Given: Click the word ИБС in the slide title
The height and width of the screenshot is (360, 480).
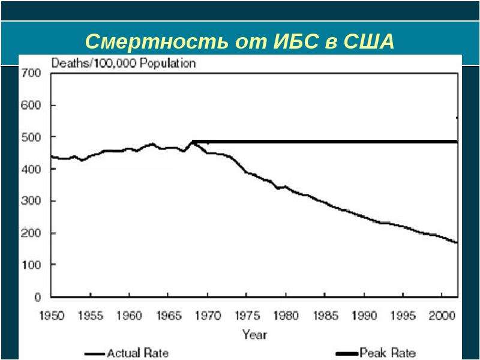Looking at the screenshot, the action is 296,41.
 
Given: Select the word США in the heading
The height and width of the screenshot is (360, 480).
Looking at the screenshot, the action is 369,41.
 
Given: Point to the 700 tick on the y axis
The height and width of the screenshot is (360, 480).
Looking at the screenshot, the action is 31,73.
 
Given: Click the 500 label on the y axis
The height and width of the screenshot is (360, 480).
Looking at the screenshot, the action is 31,137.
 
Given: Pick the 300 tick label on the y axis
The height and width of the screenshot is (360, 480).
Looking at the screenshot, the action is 31,201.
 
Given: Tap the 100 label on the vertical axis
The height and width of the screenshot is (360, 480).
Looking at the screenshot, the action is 31,265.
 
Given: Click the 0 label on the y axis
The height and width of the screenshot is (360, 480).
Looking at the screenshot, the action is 37,296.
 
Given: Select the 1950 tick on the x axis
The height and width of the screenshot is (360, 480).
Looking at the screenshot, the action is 52,316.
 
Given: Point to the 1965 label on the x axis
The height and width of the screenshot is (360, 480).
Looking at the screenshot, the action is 169,316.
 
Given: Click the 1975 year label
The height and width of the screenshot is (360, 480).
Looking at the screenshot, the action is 247,316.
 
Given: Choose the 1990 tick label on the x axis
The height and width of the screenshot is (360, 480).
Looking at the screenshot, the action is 364,316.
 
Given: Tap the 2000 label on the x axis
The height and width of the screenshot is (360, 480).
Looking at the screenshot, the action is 442,316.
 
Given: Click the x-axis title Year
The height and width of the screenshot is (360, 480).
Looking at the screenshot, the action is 254,334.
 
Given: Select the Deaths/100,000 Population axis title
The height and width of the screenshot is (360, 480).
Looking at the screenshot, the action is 124,64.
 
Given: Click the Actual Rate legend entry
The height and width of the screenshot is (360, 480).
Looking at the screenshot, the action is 127,353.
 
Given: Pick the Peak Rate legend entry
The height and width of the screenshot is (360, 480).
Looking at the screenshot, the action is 376,353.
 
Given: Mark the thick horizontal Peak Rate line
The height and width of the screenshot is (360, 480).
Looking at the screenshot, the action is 325,142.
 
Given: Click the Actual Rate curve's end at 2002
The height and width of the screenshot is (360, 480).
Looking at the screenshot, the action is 457,242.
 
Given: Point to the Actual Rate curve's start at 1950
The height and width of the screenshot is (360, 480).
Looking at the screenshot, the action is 52,157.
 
